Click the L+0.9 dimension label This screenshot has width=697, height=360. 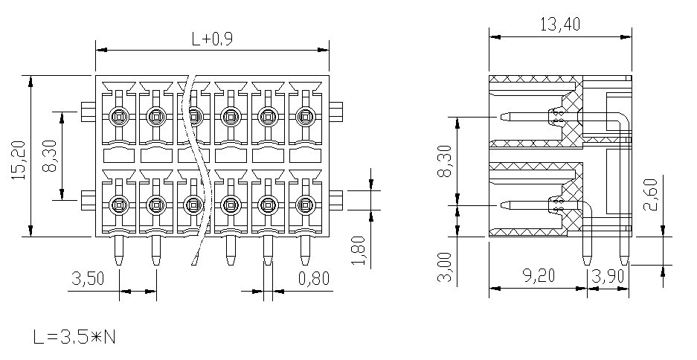pos(212,39)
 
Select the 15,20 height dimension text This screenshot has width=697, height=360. pos(20,160)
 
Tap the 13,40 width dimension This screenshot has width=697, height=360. pos(560,24)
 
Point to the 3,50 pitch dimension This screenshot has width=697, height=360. pos(88,279)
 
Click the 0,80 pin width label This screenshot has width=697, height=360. pos(314,279)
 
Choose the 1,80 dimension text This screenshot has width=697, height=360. pos(359,251)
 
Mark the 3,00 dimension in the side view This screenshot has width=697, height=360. pos(445,267)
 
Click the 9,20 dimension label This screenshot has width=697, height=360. pos(539,275)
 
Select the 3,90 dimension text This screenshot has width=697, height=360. pos(608,276)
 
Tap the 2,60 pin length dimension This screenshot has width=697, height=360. pos(650,195)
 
